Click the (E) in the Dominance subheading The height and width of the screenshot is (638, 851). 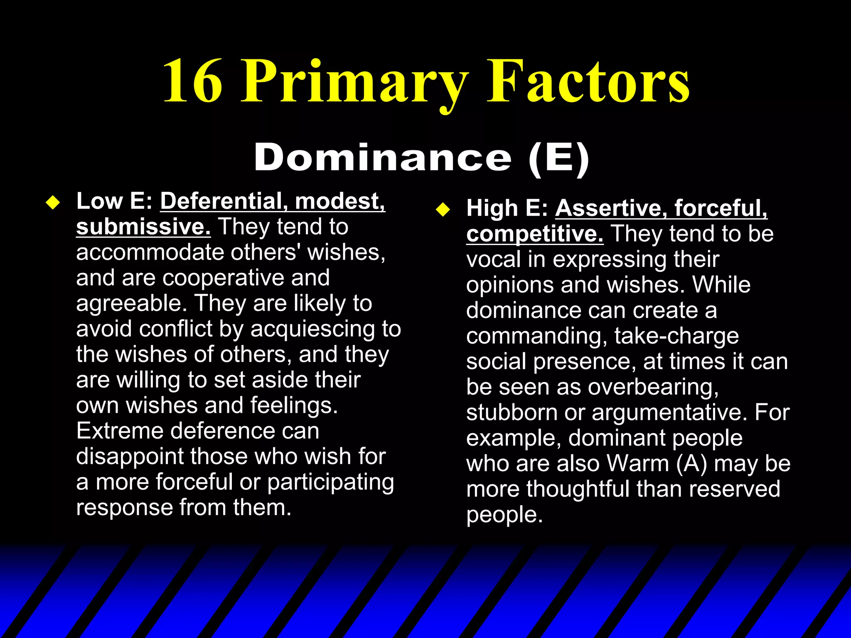tap(558, 158)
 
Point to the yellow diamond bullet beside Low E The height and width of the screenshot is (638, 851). tap(53, 203)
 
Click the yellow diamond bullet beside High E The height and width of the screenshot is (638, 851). tap(443, 210)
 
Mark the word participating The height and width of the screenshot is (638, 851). tap(330, 482)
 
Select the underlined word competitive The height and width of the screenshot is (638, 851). tap(534, 234)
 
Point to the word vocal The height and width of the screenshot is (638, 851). tap(493, 260)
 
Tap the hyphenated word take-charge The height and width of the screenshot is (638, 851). tap(676, 336)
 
